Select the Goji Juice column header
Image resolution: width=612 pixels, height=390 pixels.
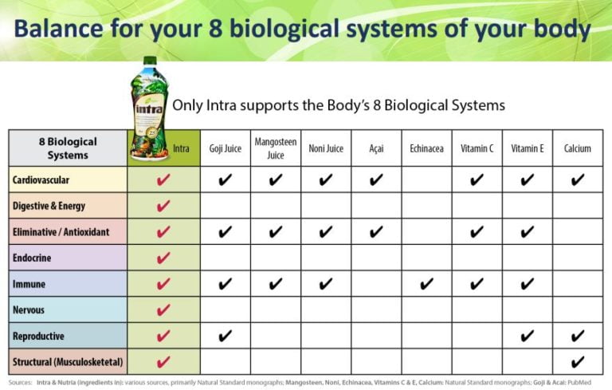pos(226,149)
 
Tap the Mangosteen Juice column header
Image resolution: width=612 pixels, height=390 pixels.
pos(276,149)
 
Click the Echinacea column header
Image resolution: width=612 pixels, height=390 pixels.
pos(426,149)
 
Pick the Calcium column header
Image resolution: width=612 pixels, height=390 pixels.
pos(577,149)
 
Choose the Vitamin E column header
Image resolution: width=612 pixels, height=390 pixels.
pos(527,149)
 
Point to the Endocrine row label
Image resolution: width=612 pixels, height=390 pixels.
pos(33,258)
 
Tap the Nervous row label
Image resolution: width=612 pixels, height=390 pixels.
pos(29,309)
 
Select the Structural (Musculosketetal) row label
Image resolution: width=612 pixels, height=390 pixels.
pos(68,362)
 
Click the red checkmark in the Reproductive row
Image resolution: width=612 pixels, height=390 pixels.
pos(163,336)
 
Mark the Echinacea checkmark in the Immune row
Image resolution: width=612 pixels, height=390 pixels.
pos(426,284)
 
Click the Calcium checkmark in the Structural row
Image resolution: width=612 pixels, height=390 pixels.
pos(577,361)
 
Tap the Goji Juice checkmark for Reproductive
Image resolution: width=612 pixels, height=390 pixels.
pos(226,336)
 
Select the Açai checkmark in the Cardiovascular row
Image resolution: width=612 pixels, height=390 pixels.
pos(376,180)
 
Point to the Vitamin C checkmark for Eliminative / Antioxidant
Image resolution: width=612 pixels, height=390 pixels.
pos(477,232)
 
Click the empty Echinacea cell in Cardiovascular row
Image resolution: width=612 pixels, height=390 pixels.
pos(426,180)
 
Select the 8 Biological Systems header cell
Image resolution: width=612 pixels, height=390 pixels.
pos(68,148)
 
